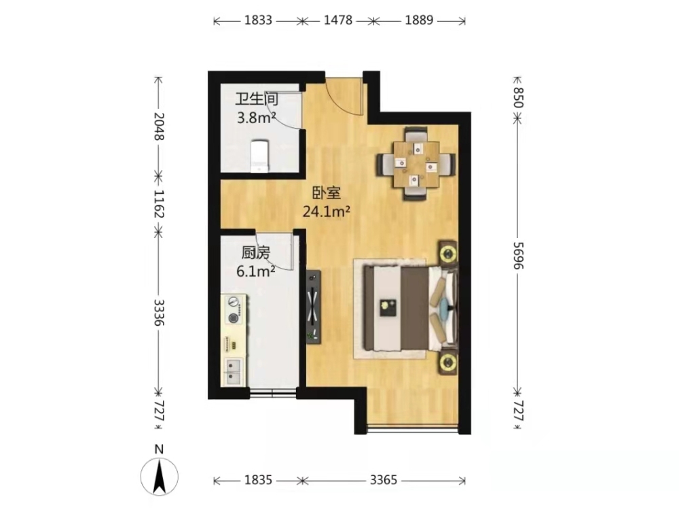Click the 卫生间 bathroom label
click(x=257, y=99)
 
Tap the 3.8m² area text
click(x=257, y=118)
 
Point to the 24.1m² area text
click(x=326, y=211)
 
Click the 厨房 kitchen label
click(x=256, y=253)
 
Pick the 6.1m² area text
click(x=255, y=271)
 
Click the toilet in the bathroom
click(x=259, y=155)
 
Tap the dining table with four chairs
click(x=416, y=163)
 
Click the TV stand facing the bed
click(x=314, y=307)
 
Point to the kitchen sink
click(x=233, y=372)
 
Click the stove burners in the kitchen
click(x=234, y=309)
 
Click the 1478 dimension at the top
click(x=337, y=20)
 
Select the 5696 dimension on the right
click(x=518, y=256)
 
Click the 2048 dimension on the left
click(x=158, y=126)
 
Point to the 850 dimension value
click(x=518, y=97)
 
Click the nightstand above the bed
click(x=449, y=252)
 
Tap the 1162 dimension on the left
click(x=158, y=204)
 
